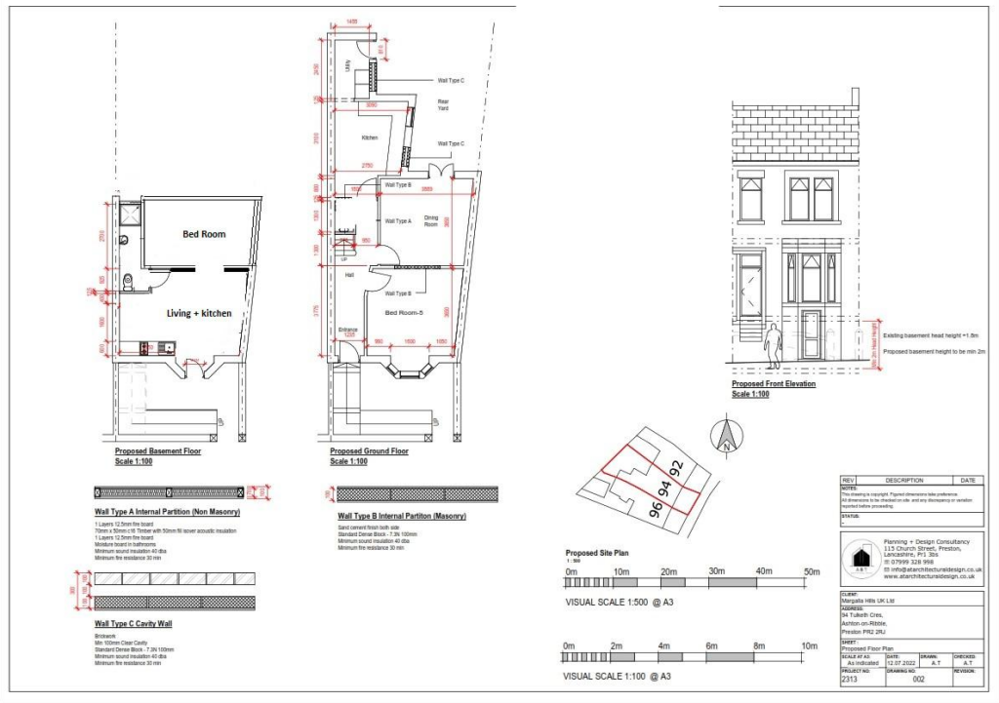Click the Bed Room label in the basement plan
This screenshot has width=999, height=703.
(205, 234)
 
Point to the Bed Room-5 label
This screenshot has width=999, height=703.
(403, 312)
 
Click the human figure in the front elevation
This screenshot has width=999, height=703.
(775, 348)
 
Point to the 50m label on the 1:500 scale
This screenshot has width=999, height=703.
(811, 570)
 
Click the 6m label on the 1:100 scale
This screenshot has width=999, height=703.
(713, 646)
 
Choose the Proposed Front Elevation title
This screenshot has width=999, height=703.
(774, 383)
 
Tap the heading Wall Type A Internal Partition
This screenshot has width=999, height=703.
(167, 512)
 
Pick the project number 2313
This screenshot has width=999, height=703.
(849, 681)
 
